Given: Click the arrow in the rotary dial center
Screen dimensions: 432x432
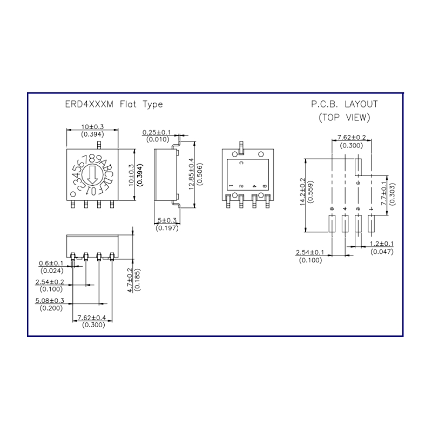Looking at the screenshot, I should point(92,174).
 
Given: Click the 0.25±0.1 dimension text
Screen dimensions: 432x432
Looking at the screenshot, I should point(157,132).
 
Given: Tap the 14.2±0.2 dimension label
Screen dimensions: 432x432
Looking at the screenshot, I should point(302,192).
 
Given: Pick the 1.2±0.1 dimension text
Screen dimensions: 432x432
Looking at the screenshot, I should point(382,244).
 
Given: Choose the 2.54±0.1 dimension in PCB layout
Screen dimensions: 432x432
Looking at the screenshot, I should point(310,252).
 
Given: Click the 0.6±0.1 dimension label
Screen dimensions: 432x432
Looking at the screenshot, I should point(51,263).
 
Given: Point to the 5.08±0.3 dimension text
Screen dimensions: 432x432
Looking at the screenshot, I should point(49,300).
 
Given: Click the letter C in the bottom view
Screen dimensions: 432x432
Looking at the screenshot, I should point(241,163).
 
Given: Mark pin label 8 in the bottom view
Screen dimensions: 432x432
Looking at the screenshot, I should point(264,186).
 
